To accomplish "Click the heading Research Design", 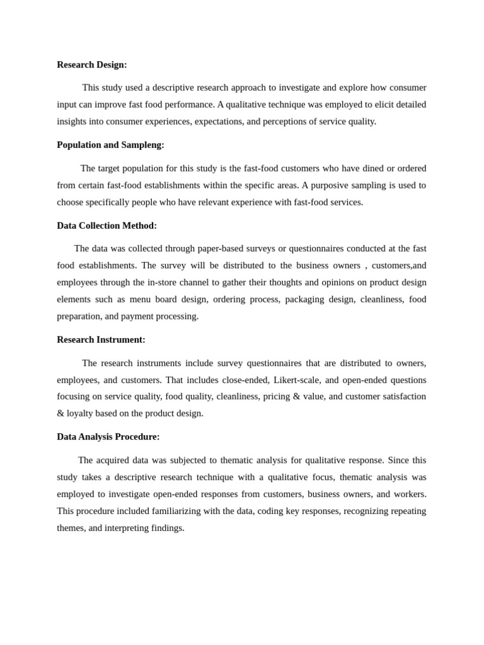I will click(92, 65).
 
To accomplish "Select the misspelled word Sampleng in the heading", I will click(142, 145).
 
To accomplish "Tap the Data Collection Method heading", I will click(107, 225).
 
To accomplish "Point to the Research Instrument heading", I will click(101, 340).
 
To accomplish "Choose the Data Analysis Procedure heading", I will click(108, 437).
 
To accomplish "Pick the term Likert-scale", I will click(297, 380).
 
